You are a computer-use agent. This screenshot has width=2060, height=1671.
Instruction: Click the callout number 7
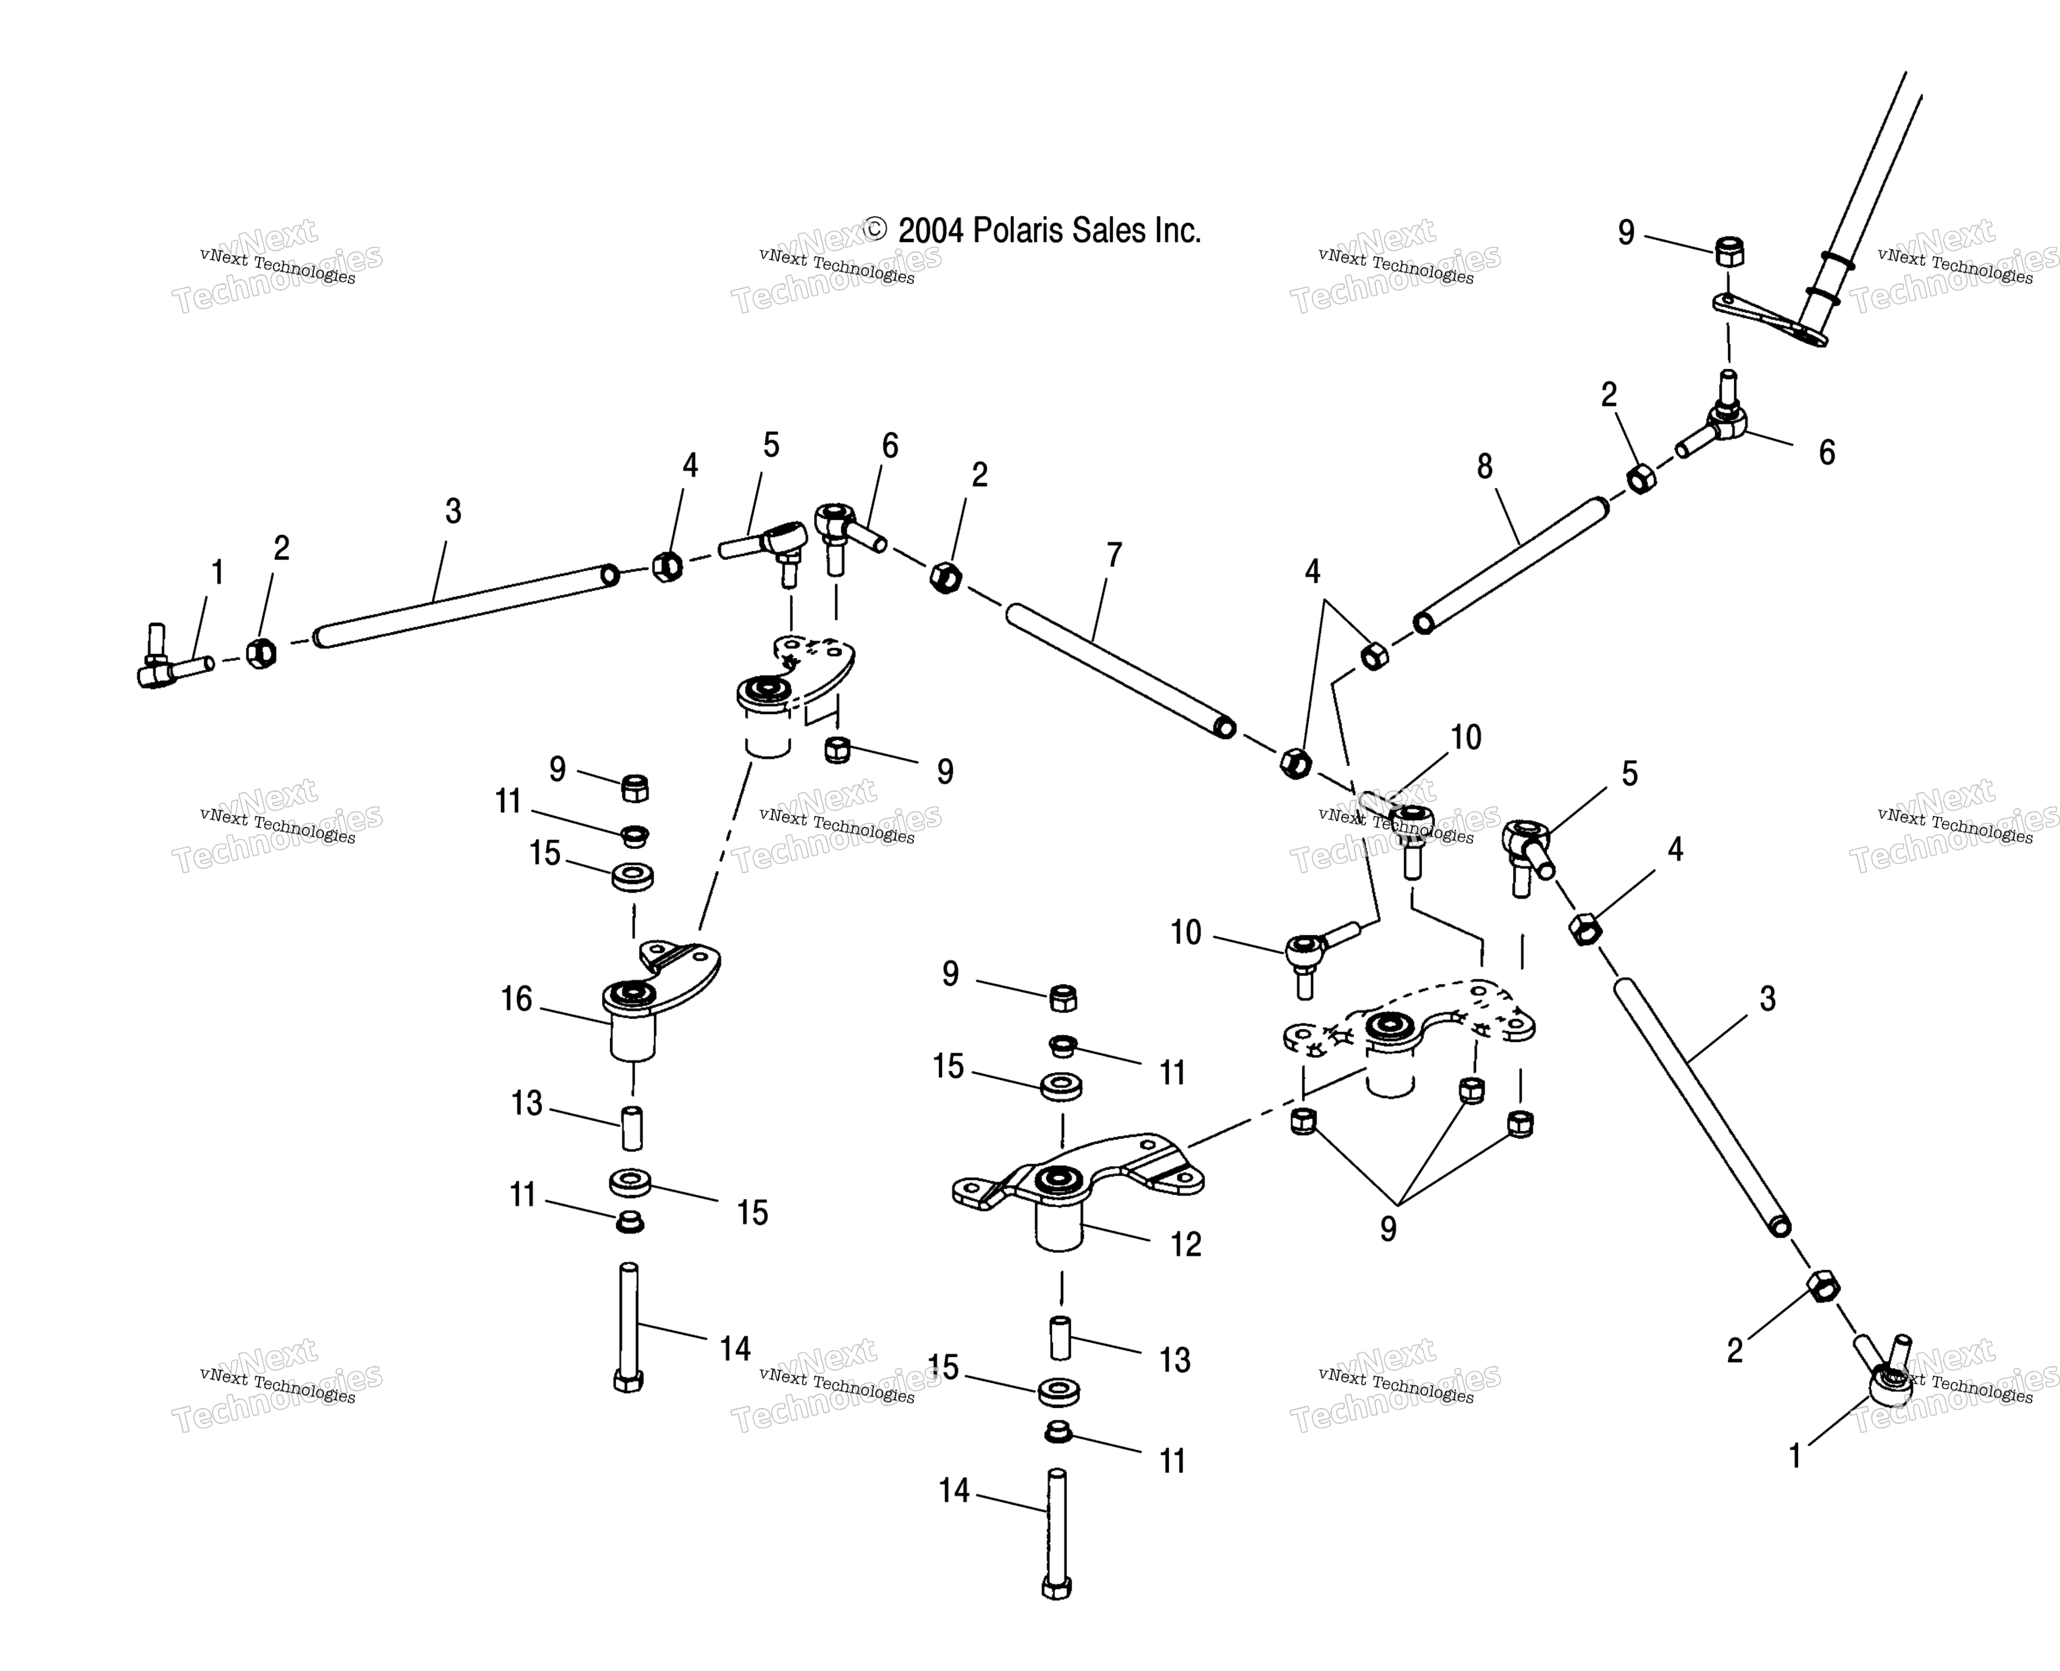click(x=1114, y=555)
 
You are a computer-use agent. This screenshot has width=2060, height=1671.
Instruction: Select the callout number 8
click(x=1484, y=467)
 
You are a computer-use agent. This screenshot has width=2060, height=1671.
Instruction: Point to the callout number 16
click(x=516, y=999)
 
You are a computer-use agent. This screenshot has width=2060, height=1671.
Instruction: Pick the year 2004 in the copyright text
click(x=930, y=231)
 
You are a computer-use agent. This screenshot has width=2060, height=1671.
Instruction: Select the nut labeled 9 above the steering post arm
click(x=1729, y=252)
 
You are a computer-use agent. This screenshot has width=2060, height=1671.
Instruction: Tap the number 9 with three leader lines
click(x=1387, y=1228)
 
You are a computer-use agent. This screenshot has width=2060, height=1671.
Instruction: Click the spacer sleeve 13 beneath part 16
click(x=631, y=1128)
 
